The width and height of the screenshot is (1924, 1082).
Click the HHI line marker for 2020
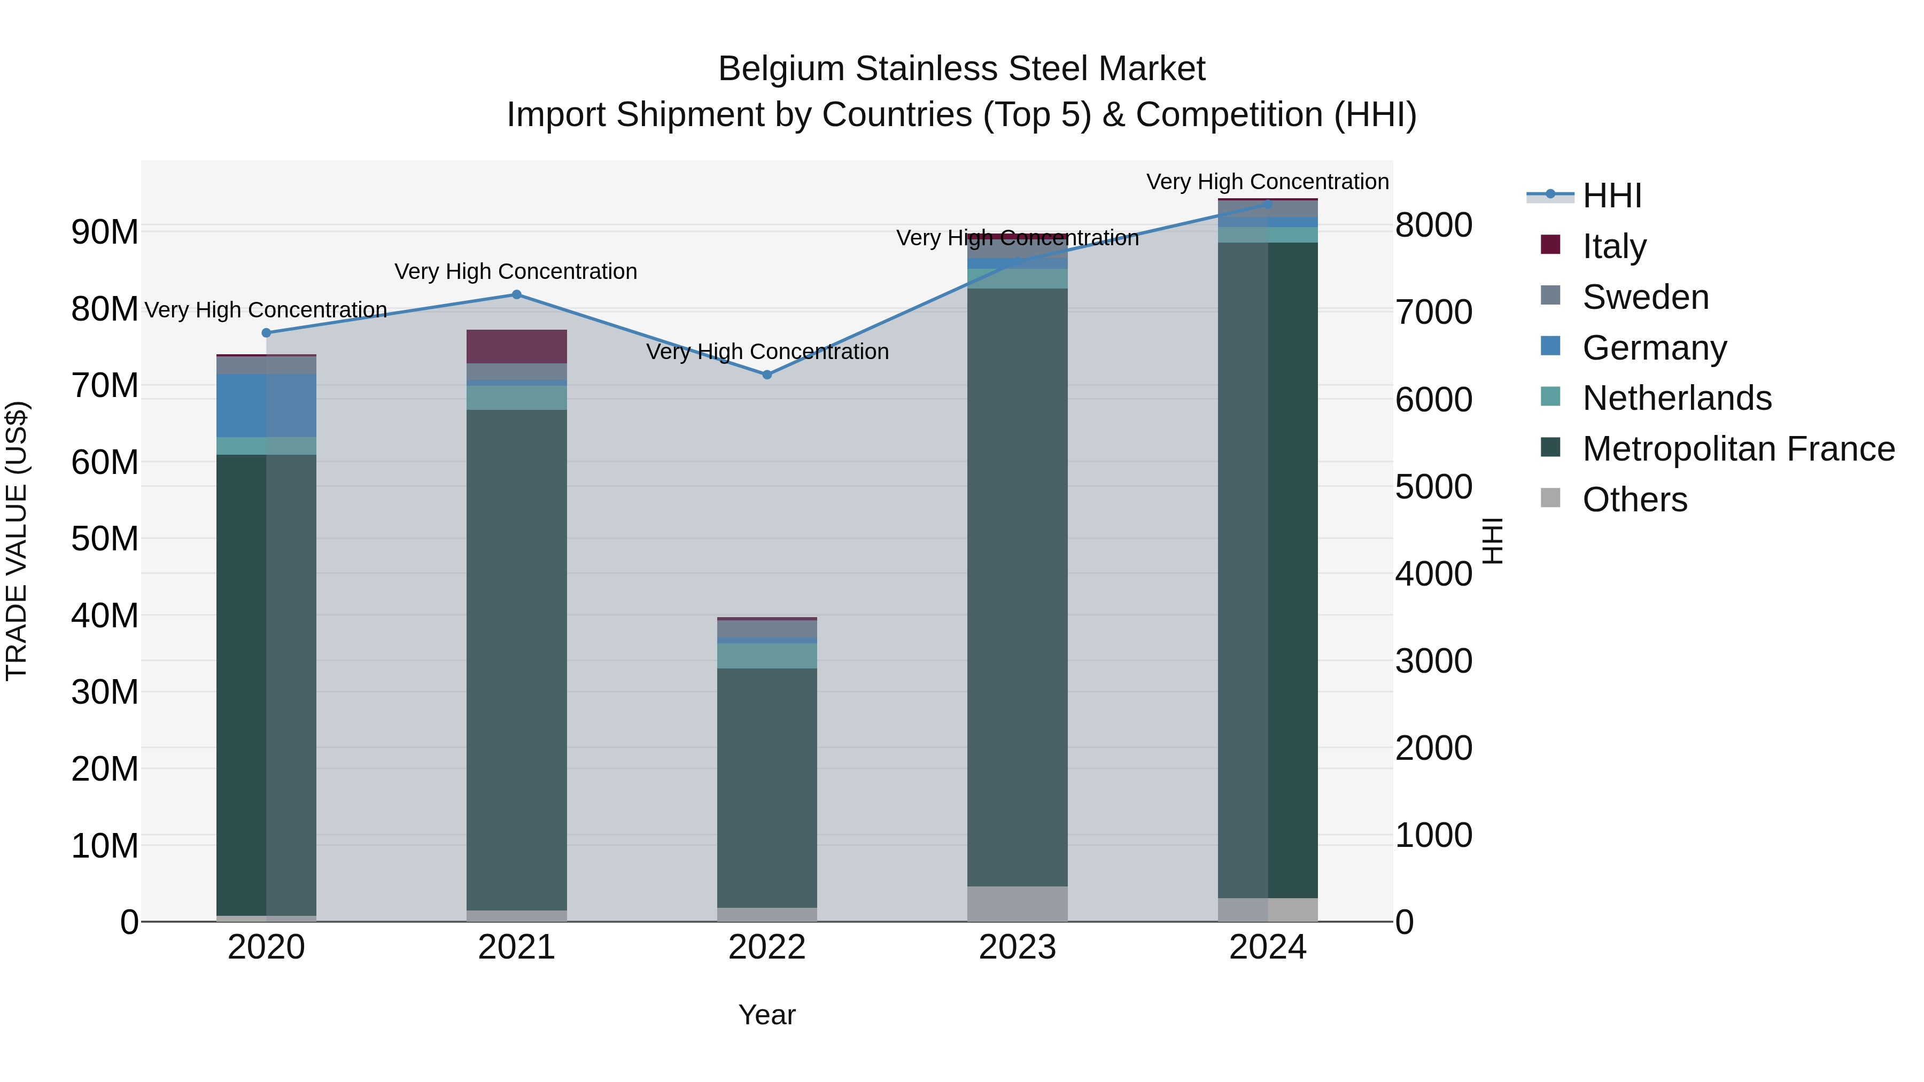tap(266, 333)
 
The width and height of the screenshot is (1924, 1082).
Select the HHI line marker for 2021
tap(516, 295)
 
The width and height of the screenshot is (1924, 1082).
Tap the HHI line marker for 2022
tap(767, 375)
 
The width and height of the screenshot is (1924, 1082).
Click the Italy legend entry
tap(1613, 246)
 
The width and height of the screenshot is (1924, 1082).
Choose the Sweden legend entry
tap(1644, 297)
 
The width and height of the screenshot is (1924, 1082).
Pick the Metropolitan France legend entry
tap(1737, 449)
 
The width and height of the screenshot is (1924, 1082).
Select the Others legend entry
tap(1634, 500)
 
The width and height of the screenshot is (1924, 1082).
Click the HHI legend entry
tap(1612, 196)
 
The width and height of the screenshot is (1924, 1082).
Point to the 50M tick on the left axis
tap(105, 539)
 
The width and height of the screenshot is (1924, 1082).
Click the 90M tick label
tap(105, 232)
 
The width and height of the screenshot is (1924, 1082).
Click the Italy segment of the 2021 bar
tap(516, 346)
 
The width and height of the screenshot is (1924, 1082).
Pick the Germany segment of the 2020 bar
tap(266, 406)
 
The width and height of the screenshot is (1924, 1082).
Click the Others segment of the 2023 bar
tap(1017, 904)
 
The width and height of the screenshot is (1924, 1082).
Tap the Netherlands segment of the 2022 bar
tap(767, 656)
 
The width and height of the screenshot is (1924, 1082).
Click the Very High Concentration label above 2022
tap(767, 352)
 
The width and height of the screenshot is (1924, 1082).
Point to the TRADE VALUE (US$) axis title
tap(17, 541)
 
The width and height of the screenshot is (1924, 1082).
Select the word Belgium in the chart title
tap(781, 69)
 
